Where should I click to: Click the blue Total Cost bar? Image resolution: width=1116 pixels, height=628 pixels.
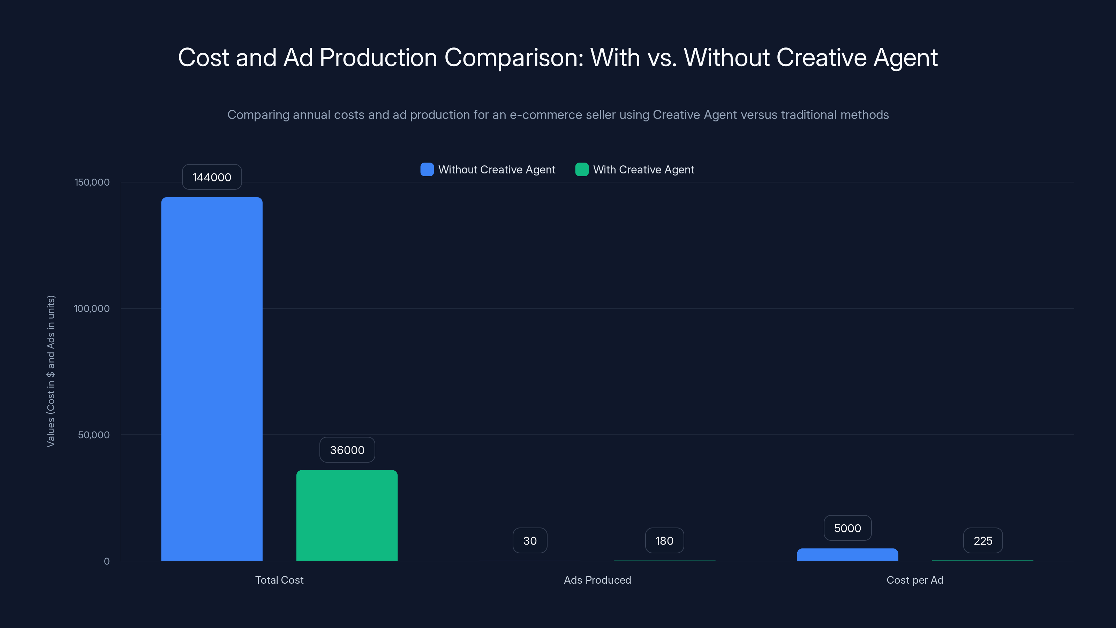click(212, 379)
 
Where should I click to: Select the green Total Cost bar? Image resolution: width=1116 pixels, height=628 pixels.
click(347, 515)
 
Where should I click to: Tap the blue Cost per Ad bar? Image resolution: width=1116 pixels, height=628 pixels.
click(847, 555)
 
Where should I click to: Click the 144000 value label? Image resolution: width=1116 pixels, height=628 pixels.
click(212, 177)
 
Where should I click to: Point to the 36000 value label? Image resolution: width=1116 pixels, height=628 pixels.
click(347, 450)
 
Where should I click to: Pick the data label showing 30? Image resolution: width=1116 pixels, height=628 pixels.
click(530, 540)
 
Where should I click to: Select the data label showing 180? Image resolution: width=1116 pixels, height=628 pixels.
click(664, 540)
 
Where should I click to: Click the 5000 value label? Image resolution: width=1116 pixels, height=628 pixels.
click(847, 528)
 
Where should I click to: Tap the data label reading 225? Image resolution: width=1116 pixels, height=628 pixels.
click(982, 540)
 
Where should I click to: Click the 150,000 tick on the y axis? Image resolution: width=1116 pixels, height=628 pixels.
click(92, 182)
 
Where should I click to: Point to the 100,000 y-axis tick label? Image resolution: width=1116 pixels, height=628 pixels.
click(91, 308)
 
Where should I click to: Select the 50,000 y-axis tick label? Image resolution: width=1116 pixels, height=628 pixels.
click(93, 435)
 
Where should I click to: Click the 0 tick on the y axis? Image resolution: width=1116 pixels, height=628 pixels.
click(107, 561)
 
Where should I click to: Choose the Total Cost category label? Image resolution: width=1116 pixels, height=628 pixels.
click(279, 580)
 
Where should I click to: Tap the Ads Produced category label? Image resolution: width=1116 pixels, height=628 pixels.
click(597, 580)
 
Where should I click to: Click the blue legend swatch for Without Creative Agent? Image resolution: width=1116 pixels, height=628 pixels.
click(427, 170)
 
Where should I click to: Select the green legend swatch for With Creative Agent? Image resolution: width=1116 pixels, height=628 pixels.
click(581, 170)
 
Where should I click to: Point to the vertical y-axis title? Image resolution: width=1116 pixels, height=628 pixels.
click(51, 371)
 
